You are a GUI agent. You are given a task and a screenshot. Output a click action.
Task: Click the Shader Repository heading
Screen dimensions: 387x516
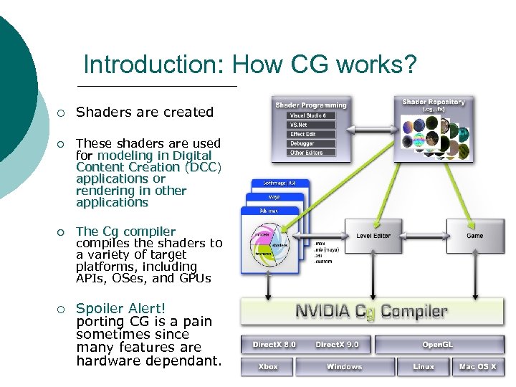tap(434, 102)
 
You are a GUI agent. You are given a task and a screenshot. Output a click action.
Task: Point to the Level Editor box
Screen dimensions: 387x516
tap(373, 235)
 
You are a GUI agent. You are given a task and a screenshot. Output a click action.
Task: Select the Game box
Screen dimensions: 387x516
tap(475, 235)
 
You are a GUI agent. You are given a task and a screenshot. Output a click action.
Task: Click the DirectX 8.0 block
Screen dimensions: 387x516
tap(273, 345)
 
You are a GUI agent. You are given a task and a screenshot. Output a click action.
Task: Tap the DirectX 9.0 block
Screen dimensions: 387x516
tap(336, 345)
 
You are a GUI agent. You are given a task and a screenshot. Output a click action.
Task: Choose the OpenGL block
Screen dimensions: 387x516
tap(437, 345)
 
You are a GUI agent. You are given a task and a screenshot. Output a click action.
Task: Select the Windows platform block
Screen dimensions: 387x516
tap(345, 367)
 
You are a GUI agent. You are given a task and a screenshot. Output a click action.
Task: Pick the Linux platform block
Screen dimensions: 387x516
tap(424, 367)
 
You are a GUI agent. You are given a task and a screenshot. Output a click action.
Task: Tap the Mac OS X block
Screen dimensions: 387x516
tap(477, 367)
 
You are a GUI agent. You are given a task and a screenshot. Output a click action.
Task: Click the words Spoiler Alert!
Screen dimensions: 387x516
tap(120, 309)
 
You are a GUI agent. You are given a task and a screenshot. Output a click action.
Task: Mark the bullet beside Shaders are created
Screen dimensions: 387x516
tap(62, 113)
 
